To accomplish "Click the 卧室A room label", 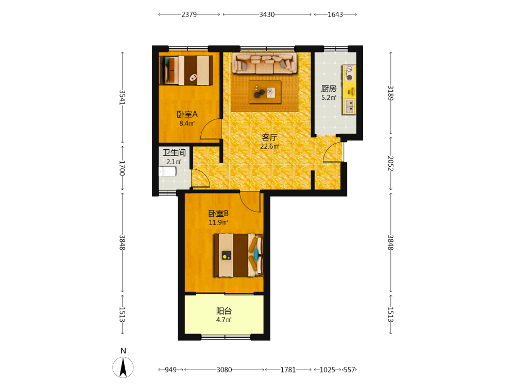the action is click(187, 114).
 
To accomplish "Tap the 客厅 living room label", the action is click(270, 137).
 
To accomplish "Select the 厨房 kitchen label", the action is click(329, 89).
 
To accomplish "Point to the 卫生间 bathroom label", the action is click(174, 153).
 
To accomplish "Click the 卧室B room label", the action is click(218, 214).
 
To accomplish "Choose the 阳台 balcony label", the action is click(224, 311).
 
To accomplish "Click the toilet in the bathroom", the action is click(167, 172).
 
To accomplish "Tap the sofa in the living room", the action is click(264, 63).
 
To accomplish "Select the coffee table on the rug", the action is click(265, 92).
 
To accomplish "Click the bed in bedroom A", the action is click(186, 70).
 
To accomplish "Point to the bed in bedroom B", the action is click(238, 255).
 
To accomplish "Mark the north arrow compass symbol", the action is click(123, 367).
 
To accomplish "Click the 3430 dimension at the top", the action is click(267, 14).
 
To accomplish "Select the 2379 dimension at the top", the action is click(189, 14).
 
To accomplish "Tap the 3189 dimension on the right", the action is click(390, 93).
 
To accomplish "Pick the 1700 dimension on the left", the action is click(122, 168).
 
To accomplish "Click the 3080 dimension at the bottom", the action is click(225, 370).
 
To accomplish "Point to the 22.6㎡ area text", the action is click(270, 146).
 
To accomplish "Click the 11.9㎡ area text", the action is click(218, 222).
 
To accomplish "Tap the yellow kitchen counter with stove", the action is click(349, 90).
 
